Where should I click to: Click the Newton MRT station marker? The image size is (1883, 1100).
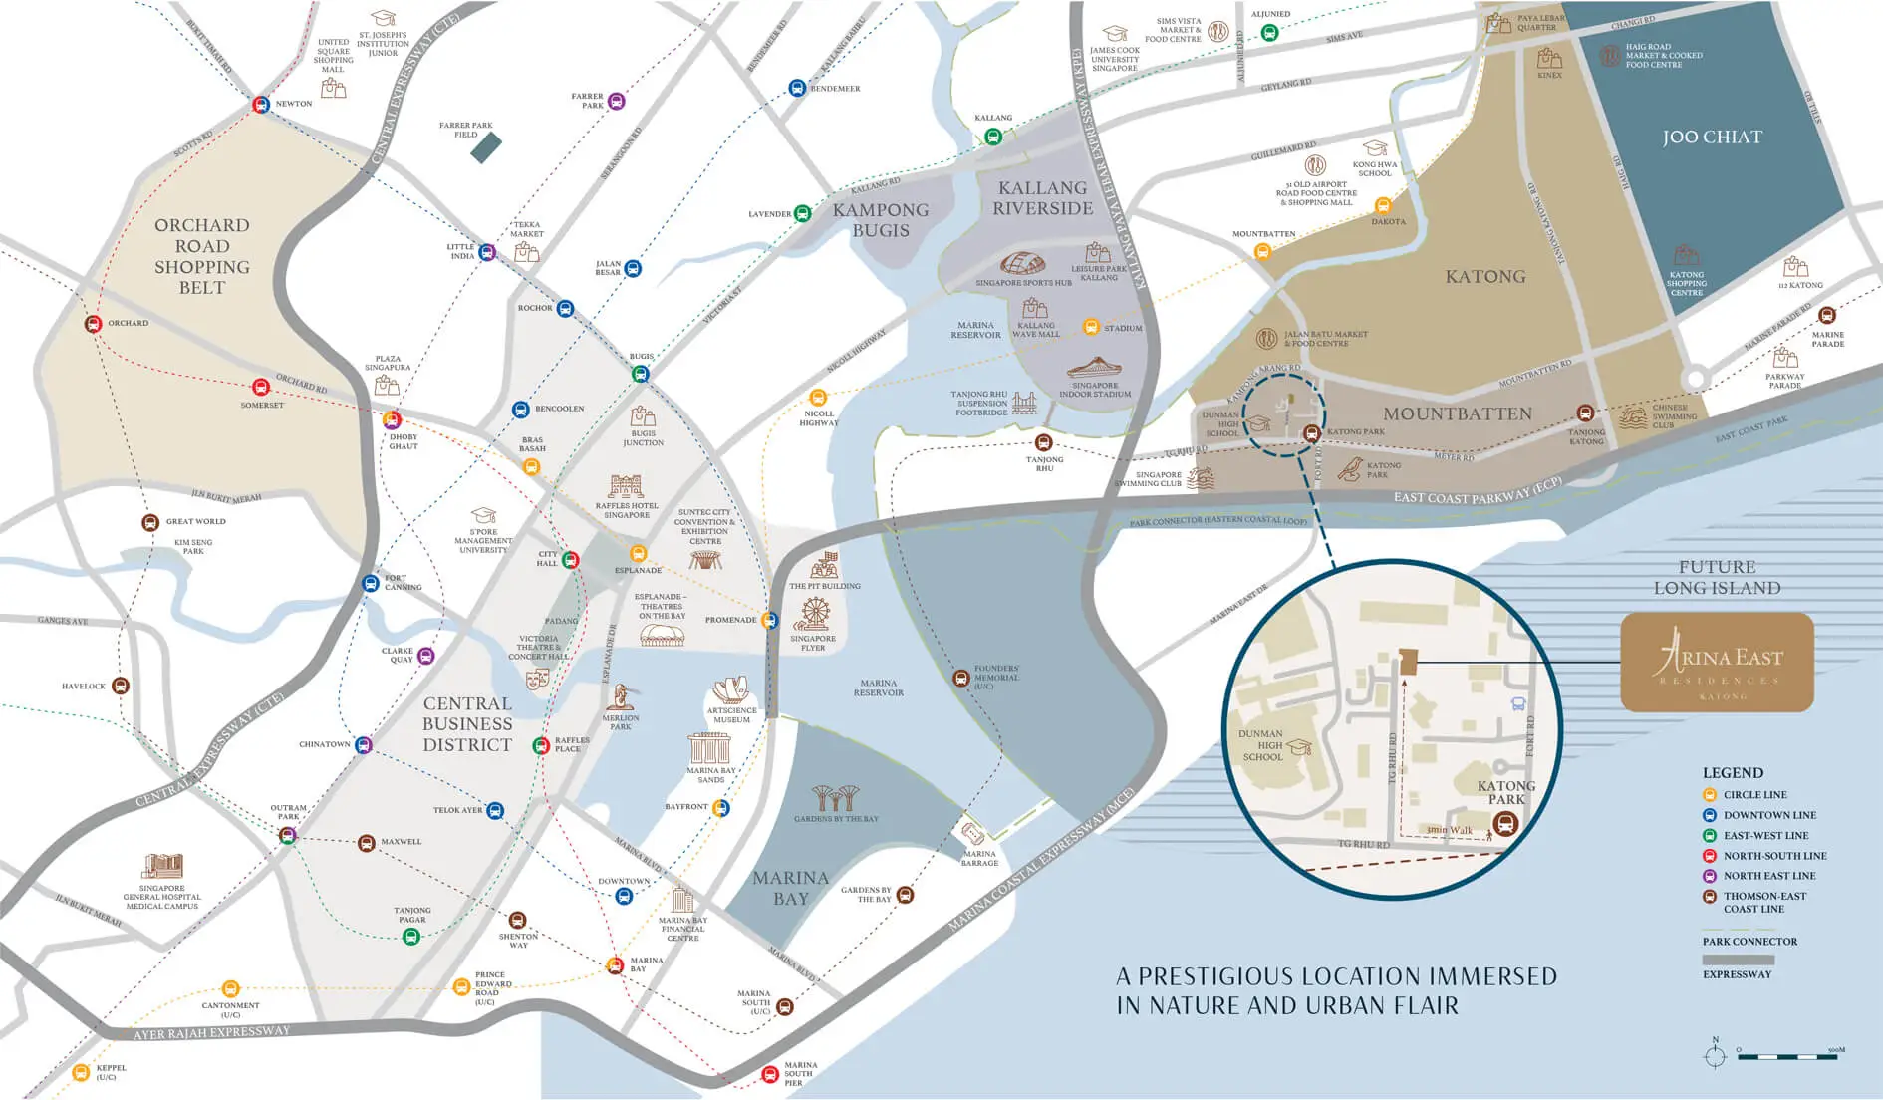click(261, 104)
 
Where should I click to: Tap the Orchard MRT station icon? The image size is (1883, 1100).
click(93, 324)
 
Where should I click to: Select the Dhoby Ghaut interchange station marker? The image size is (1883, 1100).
click(393, 419)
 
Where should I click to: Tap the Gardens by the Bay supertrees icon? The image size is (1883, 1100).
click(836, 797)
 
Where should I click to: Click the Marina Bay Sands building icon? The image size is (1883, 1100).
click(709, 749)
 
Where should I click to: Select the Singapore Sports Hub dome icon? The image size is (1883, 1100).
click(1023, 265)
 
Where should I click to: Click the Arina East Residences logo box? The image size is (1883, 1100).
click(1717, 662)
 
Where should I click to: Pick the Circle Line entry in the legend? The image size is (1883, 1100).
click(1754, 795)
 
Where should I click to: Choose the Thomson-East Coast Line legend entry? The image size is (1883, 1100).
click(1763, 902)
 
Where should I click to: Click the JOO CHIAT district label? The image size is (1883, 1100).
click(1712, 137)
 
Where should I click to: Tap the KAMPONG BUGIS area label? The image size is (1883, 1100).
click(881, 220)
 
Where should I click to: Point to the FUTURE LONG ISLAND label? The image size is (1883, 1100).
click(1717, 577)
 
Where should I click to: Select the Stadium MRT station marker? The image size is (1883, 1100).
click(1091, 327)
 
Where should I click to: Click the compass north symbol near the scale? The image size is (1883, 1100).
click(1715, 1054)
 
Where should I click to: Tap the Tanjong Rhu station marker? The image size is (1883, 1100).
click(1043, 442)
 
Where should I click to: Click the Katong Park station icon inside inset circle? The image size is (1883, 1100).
click(1505, 824)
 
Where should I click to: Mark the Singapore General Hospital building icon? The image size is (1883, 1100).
click(162, 866)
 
